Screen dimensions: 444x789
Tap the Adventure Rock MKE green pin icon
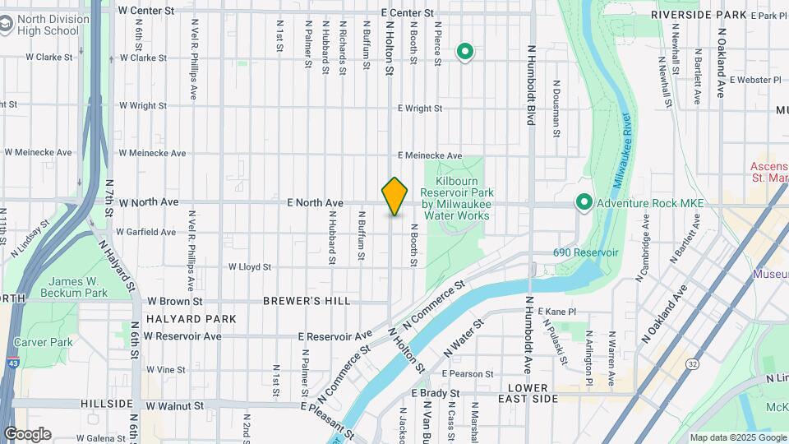click(x=584, y=201)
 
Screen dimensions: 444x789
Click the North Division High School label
click(x=51, y=25)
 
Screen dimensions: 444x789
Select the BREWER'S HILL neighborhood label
click(x=307, y=302)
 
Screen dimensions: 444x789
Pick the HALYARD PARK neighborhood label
click(x=191, y=319)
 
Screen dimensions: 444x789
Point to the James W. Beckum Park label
click(x=77, y=287)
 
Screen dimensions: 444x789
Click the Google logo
click(x=27, y=433)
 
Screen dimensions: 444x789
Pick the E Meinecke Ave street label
click(x=430, y=156)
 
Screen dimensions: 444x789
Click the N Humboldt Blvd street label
click(x=532, y=85)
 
